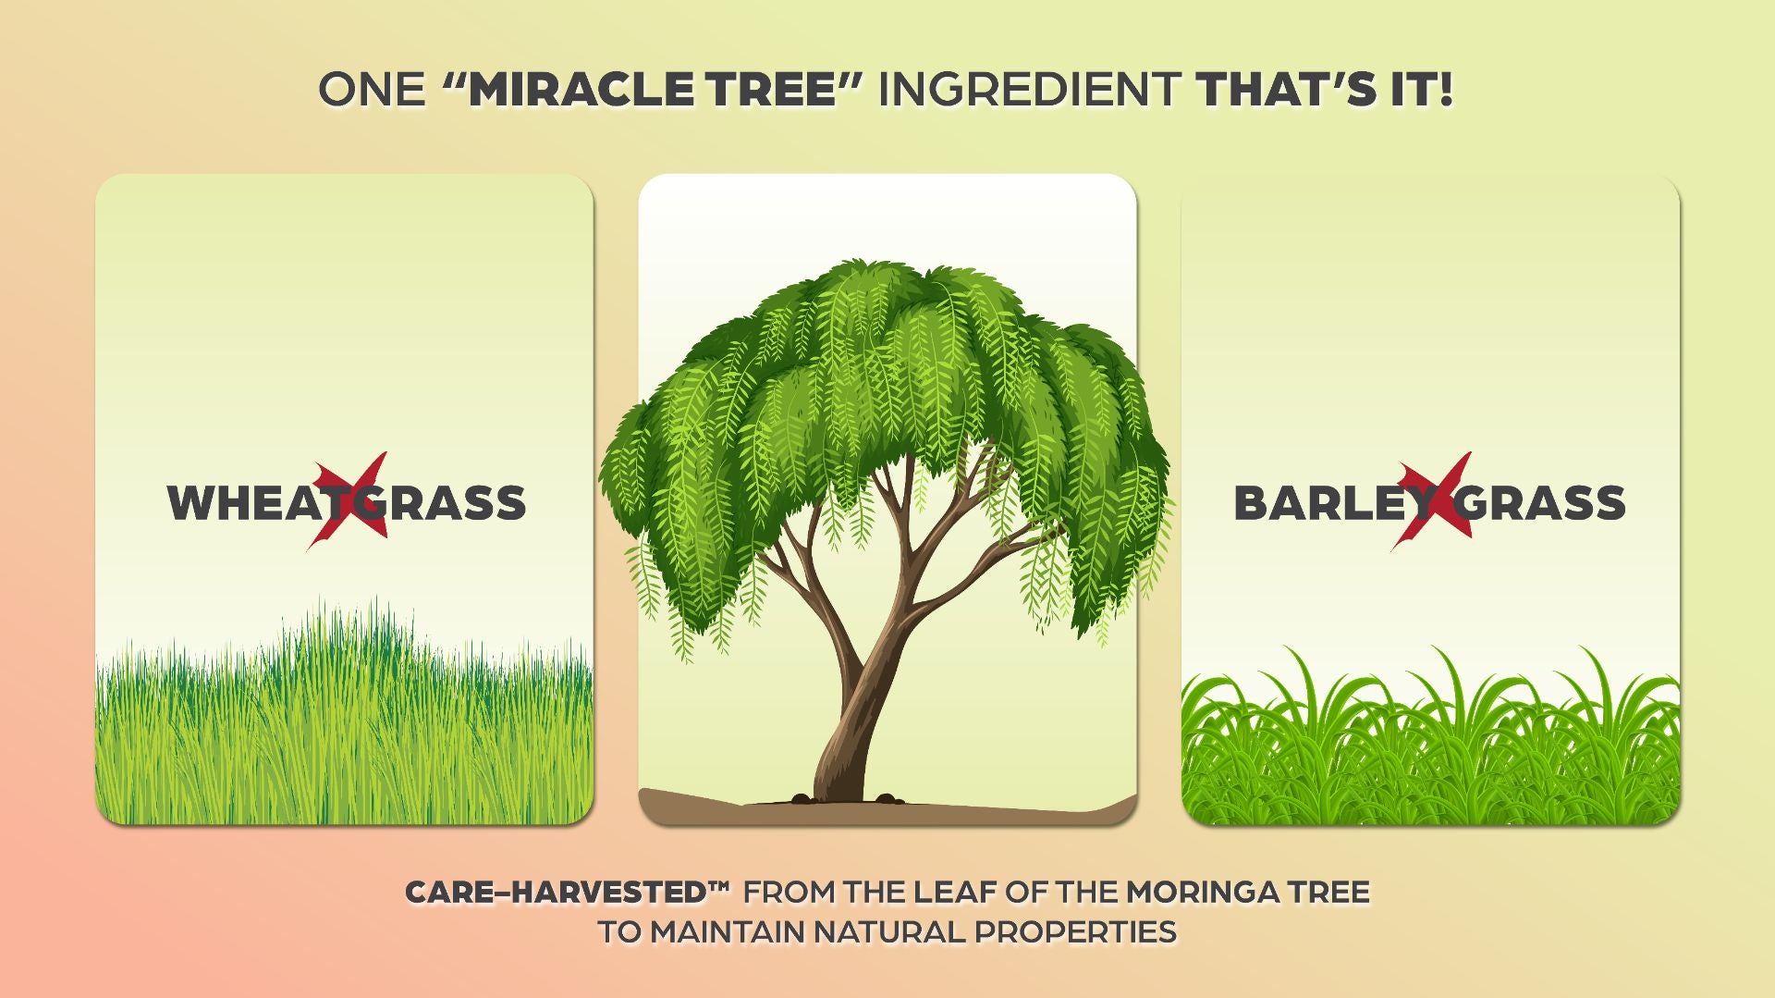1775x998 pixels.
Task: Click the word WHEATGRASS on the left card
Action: tap(347, 503)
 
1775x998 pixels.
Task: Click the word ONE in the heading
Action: tap(372, 90)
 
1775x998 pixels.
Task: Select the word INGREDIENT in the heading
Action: tap(1029, 90)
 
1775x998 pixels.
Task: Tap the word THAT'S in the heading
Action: tap(1286, 90)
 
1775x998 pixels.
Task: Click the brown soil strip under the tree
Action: tap(887, 809)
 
